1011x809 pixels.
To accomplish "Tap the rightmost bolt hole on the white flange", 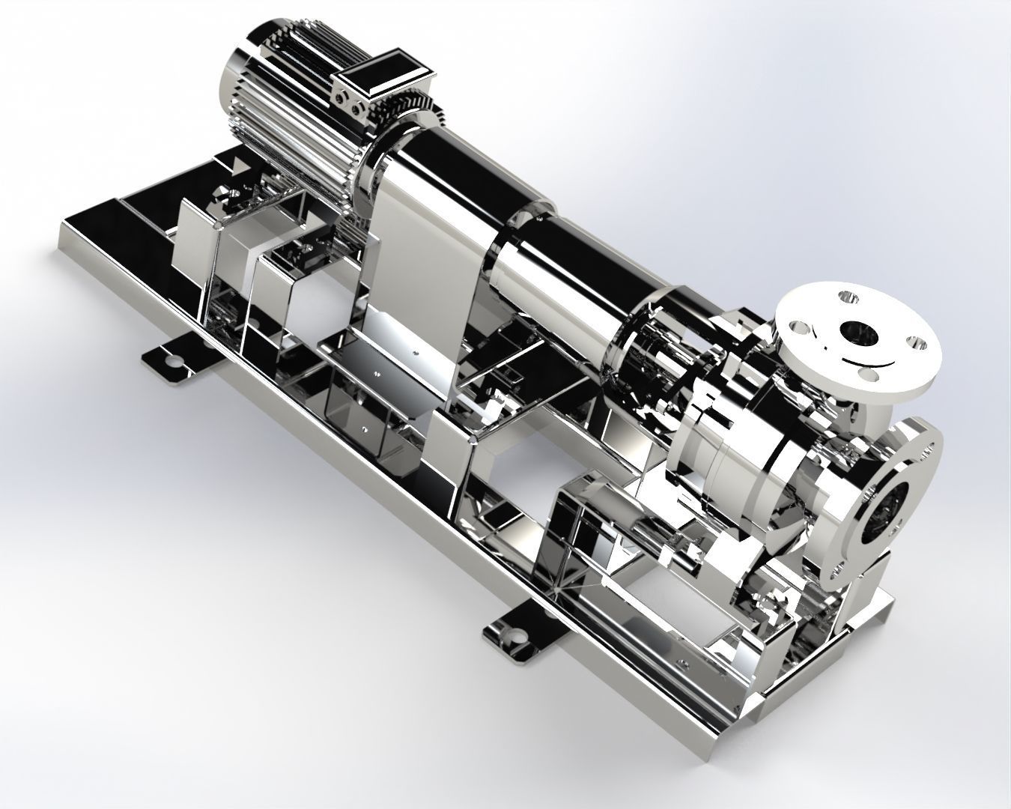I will (x=914, y=342).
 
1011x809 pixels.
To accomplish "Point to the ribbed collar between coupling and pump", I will (x=644, y=352).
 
